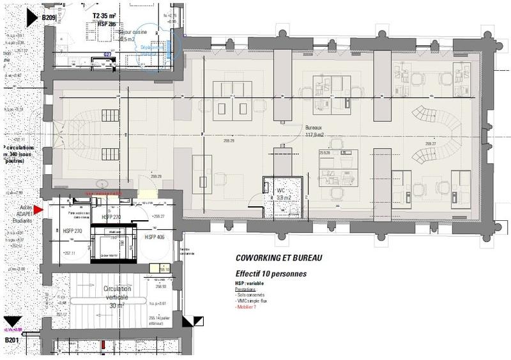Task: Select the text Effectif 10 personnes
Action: (271, 273)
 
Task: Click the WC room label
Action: (282, 190)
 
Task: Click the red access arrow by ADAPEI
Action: (38, 209)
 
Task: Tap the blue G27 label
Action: (108, 55)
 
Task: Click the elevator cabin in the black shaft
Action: (115, 246)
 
